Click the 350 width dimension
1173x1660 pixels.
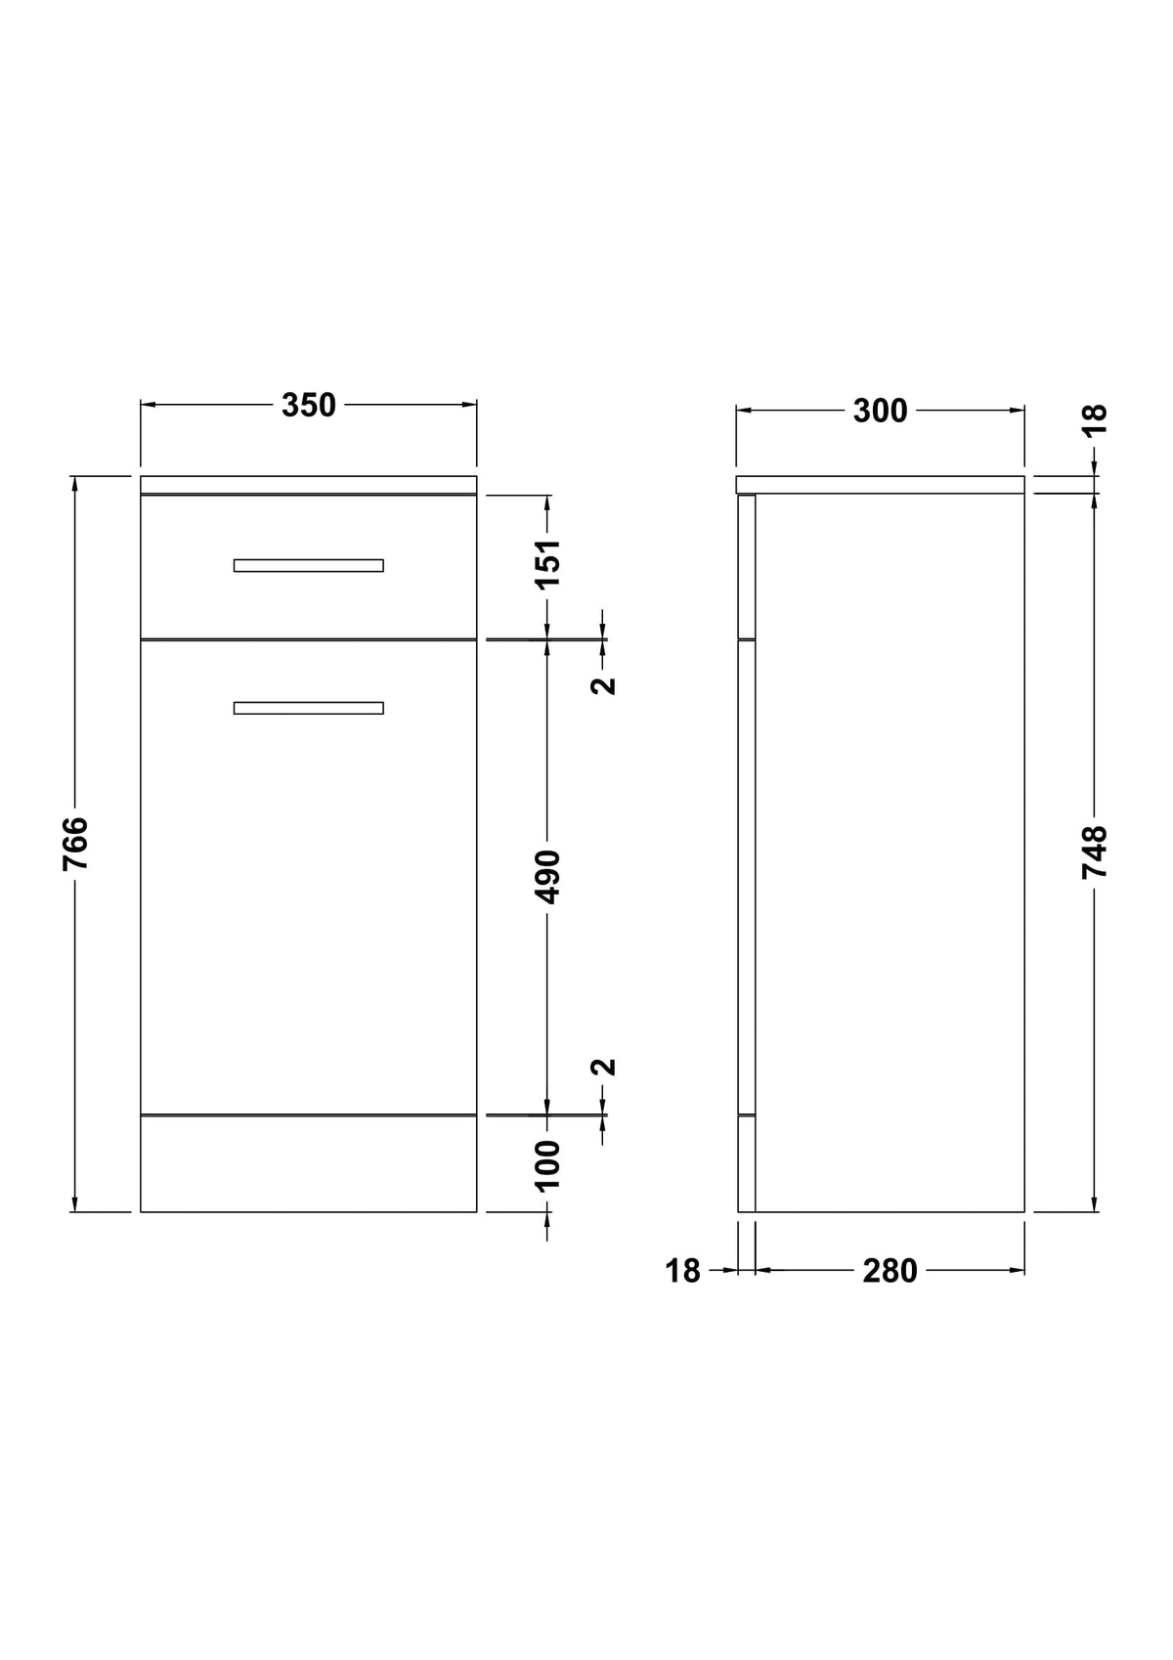[x=308, y=406]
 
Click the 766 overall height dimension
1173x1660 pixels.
[x=75, y=844]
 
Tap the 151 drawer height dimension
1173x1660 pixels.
[x=548, y=564]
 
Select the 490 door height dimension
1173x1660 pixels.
[x=548, y=878]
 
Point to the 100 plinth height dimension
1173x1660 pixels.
[x=548, y=1165]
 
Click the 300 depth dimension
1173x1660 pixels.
[x=881, y=412]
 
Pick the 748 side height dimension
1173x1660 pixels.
[x=1095, y=852]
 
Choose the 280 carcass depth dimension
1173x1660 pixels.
[x=890, y=1272]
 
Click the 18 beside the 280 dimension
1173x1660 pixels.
[x=682, y=1272]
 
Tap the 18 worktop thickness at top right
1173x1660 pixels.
[x=1095, y=419]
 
